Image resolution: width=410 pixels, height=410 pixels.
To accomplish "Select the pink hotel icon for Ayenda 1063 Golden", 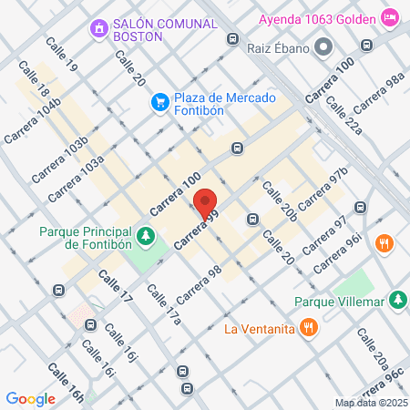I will [x=390, y=17].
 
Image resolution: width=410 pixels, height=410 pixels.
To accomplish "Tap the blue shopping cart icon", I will [x=159, y=100].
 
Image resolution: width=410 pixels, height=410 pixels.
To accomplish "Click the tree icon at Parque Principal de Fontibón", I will [x=145, y=237].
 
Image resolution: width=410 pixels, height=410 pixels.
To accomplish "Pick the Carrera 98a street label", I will [x=383, y=91].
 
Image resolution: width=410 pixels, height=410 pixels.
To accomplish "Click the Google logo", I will [x=30, y=398].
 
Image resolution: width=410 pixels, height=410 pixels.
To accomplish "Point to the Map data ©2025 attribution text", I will [x=370, y=403].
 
